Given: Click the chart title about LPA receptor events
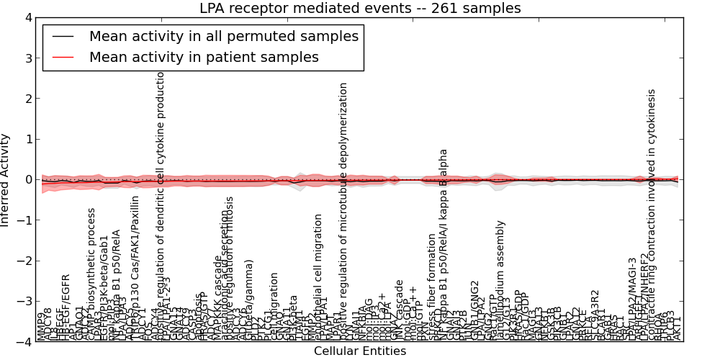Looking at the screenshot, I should point(360,9).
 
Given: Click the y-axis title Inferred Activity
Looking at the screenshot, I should point(6,179).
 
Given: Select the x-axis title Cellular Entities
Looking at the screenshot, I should point(360,351).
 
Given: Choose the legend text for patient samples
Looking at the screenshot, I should point(204,57).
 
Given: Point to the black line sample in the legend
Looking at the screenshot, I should point(63,36).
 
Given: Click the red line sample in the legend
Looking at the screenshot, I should point(63,57).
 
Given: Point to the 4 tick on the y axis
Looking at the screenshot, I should point(27,17).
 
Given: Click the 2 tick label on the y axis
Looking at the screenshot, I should point(27,99).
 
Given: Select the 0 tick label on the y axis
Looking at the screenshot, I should point(27,179).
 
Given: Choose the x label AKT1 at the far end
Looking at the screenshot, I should point(678,328).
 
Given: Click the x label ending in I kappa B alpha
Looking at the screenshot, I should point(444,245).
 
